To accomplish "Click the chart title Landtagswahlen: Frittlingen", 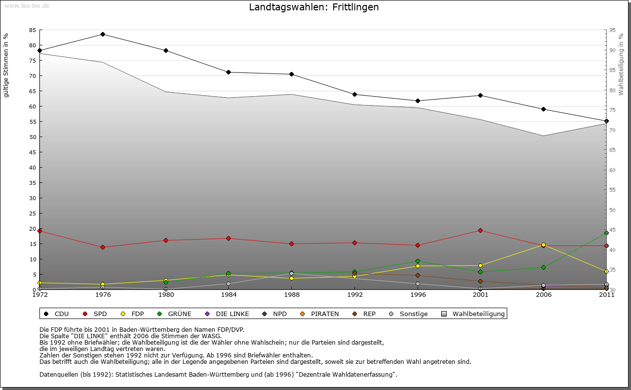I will [x=314, y=7].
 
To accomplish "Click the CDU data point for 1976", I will [x=103, y=35].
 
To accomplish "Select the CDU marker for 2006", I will [x=543, y=109].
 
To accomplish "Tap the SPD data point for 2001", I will [x=480, y=231].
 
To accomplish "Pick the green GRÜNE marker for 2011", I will [x=606, y=233].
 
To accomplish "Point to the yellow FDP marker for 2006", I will [x=543, y=245].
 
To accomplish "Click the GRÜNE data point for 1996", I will [x=418, y=261].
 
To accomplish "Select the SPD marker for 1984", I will [x=228, y=239].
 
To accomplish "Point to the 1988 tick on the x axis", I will [x=291, y=295].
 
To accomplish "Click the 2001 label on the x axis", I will [x=480, y=295].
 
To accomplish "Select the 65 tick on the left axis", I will [x=33, y=91].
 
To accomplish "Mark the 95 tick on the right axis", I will [x=612, y=30].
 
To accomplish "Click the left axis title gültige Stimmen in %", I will [x=6, y=66].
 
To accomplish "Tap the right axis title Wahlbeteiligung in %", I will [x=621, y=65].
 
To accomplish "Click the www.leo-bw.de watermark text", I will [x=27, y=6].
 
